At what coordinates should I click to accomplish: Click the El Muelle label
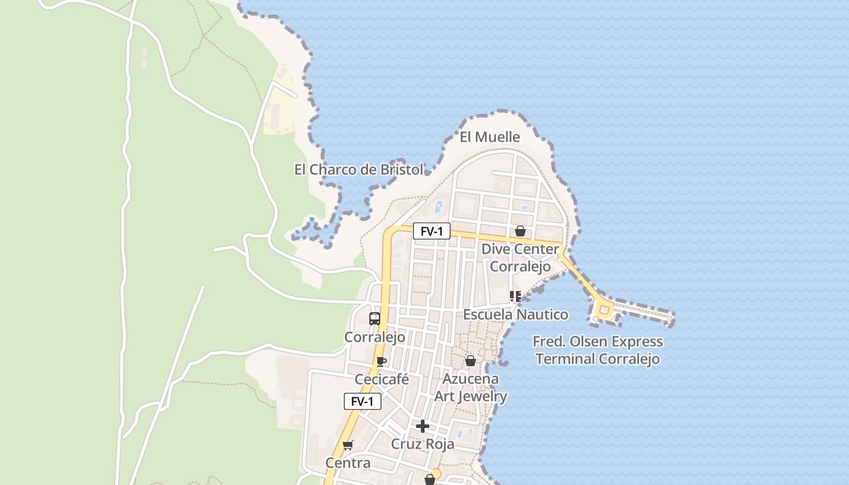click(x=489, y=137)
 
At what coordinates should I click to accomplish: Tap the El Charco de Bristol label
click(x=358, y=170)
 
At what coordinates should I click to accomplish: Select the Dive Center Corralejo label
click(x=520, y=258)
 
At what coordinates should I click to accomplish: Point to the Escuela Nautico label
click(x=515, y=314)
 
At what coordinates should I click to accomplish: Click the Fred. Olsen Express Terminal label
click(x=597, y=350)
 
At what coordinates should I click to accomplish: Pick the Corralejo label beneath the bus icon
click(x=374, y=337)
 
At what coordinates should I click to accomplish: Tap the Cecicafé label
click(x=381, y=380)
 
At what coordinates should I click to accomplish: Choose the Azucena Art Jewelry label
click(x=471, y=387)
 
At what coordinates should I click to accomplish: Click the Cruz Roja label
click(x=422, y=444)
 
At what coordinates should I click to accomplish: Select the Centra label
click(x=347, y=463)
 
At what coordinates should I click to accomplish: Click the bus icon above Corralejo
click(x=375, y=319)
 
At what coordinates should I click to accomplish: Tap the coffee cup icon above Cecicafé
click(x=381, y=362)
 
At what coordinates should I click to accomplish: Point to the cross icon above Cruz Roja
click(x=423, y=426)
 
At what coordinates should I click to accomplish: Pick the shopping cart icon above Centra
click(x=347, y=446)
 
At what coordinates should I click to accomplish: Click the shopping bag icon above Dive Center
click(x=520, y=231)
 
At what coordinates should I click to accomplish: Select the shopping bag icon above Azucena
click(x=470, y=361)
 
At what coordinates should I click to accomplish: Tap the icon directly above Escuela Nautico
click(x=515, y=296)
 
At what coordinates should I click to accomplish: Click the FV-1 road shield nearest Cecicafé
click(x=363, y=401)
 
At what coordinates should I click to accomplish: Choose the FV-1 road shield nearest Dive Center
click(x=432, y=231)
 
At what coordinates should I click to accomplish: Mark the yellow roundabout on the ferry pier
click(x=603, y=310)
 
